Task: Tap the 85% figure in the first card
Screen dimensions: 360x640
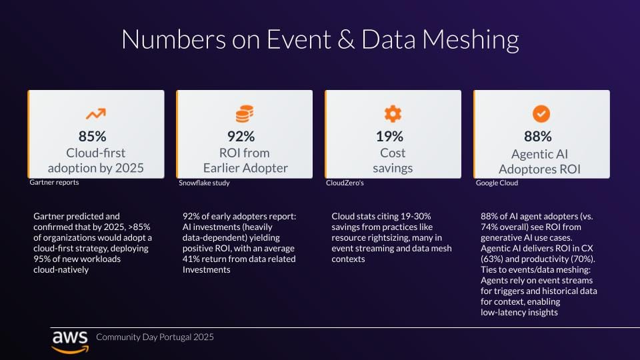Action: [x=93, y=137]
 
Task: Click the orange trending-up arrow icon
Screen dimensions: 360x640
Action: [x=95, y=114]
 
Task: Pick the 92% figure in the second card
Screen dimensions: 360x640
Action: [x=241, y=137]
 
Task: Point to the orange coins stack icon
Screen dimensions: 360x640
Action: [x=244, y=114]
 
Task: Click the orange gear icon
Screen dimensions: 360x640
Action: [x=393, y=114]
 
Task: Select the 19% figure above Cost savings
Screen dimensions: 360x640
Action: [x=390, y=137]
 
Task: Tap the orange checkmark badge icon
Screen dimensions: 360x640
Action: [x=541, y=114]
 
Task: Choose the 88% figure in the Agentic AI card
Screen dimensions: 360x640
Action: [x=539, y=137]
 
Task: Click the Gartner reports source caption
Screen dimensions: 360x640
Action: [x=54, y=183]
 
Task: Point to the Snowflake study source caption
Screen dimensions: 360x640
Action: [x=203, y=183]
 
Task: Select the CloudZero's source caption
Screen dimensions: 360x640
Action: [x=345, y=183]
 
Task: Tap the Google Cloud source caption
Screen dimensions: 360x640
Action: [x=497, y=183]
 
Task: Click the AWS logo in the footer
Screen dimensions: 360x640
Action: [x=70, y=339]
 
